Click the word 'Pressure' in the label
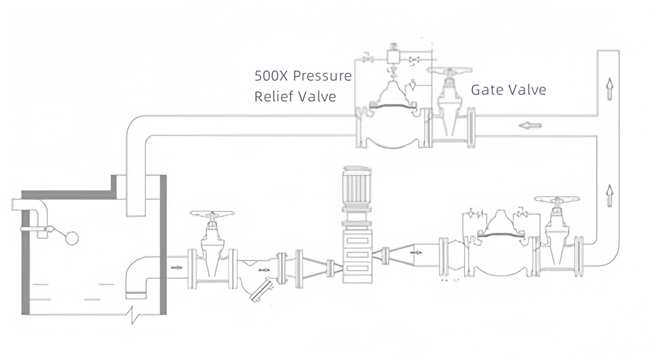coord(322,76)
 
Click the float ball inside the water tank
coord(72,238)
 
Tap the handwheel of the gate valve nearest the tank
coord(212,214)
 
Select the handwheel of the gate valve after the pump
coord(557,199)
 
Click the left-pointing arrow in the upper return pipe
coord(530,126)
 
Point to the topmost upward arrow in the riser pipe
coord(610,89)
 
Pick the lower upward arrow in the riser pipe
coord(610,196)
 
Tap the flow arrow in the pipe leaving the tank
coord(177,268)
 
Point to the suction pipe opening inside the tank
coord(136,295)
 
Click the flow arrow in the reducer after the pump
coord(416,253)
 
